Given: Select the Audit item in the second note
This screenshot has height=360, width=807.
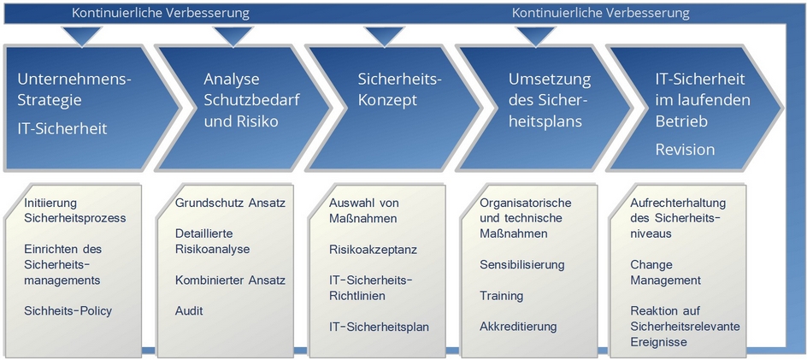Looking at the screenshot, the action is [189, 311].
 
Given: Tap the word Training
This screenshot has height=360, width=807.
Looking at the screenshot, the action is [501, 296].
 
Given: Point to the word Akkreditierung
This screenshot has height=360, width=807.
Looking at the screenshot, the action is [518, 327].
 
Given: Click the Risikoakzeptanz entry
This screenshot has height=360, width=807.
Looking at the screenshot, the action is [373, 250].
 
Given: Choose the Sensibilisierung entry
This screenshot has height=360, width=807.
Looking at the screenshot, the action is [521, 265].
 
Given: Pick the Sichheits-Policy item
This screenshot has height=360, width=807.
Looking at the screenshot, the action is [68, 311].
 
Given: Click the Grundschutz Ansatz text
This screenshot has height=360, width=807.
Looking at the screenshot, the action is [230, 203].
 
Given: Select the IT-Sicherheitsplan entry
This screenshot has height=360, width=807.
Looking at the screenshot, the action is [380, 327].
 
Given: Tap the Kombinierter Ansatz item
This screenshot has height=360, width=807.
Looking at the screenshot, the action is [230, 280].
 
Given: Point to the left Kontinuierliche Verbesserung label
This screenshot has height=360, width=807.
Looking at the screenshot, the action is [161, 13].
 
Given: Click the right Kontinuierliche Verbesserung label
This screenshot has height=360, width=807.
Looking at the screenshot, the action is [601, 13].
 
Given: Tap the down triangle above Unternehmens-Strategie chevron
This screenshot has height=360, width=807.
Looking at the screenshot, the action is [81, 37].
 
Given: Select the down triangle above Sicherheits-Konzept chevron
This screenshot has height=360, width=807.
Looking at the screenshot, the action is [384, 37].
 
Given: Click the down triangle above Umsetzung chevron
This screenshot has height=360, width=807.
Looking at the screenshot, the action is [536, 37].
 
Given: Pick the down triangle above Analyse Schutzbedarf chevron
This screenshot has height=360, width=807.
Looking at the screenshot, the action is [233, 37].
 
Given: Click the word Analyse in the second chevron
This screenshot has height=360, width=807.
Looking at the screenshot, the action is [231, 80].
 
